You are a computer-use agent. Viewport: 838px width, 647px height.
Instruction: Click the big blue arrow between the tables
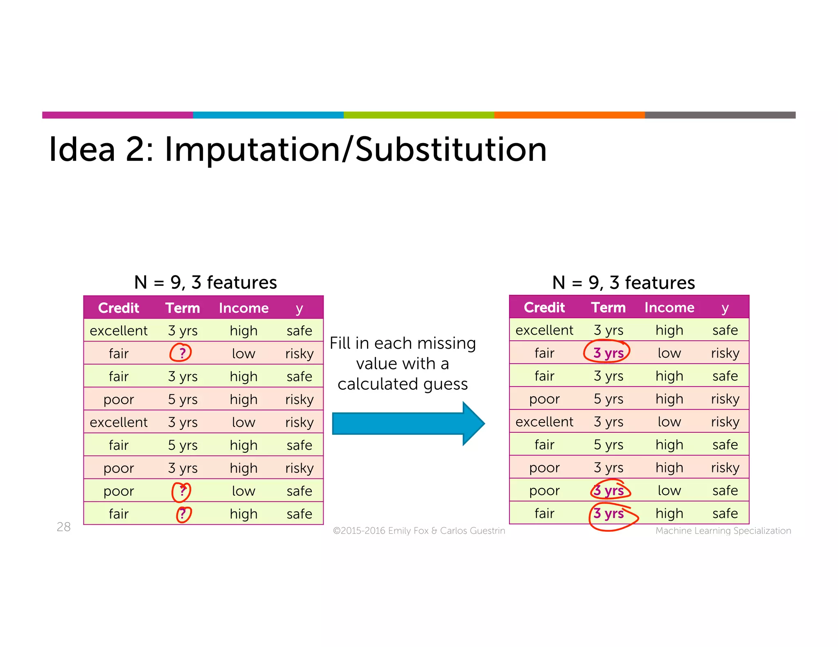[407, 423]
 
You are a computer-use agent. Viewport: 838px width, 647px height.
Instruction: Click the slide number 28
[63, 527]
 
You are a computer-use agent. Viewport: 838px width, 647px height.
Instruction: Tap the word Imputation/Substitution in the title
[355, 150]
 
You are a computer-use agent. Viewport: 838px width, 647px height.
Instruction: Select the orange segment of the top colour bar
[569, 115]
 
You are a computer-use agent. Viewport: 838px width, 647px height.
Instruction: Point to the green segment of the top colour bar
[419, 115]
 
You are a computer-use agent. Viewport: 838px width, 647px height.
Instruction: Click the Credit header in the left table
[119, 308]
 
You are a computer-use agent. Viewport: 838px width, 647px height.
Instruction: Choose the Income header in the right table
[669, 308]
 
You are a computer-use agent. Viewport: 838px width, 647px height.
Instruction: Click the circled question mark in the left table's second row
[181, 353]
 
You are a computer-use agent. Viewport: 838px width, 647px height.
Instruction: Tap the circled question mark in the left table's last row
[183, 514]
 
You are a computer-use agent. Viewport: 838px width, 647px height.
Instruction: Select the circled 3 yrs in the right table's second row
[608, 353]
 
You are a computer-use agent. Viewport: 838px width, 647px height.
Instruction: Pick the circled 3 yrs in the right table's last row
[609, 514]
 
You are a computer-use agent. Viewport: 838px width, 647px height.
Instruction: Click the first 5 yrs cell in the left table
[182, 399]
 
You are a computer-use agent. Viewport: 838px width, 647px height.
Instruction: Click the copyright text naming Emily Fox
[419, 531]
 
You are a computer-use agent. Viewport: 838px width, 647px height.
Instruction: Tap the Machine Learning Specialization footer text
[723, 531]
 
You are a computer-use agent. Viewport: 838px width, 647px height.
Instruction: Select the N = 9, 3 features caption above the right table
[623, 283]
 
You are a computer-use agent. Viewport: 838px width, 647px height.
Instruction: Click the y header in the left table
[299, 308]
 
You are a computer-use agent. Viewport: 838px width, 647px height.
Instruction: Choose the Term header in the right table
[608, 308]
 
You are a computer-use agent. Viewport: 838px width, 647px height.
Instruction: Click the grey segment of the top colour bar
[720, 115]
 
